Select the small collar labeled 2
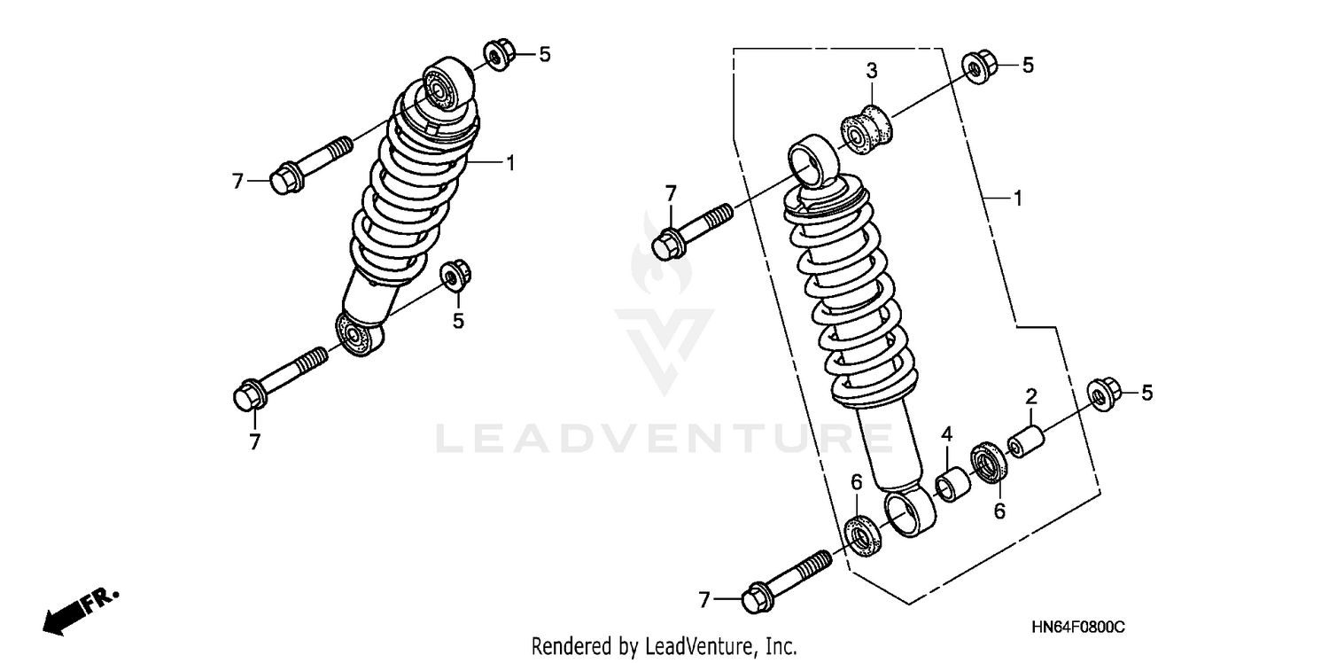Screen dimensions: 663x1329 tap(1027, 442)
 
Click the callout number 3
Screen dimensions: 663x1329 tap(871, 70)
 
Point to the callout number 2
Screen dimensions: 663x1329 tap(1031, 395)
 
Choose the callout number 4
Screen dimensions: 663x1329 tap(946, 434)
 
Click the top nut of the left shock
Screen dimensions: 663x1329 tap(499, 56)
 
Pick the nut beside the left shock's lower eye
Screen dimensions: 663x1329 tap(455, 275)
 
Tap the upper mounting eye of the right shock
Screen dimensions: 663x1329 tap(812, 160)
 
